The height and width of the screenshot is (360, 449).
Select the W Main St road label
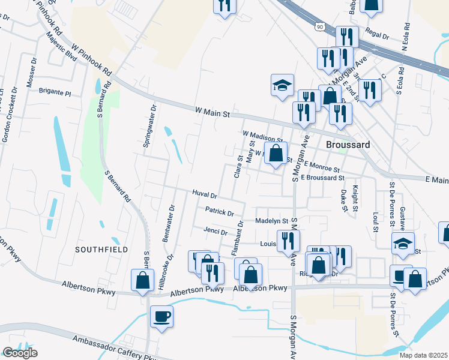coord(212,111)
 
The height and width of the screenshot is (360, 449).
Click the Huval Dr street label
coord(204,194)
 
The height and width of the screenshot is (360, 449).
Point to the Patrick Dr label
coord(218,211)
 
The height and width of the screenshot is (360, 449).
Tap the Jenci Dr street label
coord(215,232)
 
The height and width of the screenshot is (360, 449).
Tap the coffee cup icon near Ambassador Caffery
coord(161,316)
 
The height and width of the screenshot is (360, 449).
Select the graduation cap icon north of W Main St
coord(282,85)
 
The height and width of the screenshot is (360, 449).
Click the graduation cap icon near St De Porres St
coord(402,243)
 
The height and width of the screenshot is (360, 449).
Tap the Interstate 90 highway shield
coord(319,27)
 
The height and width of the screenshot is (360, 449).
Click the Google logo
coord(20,353)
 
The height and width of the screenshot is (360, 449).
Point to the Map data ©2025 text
coord(424,355)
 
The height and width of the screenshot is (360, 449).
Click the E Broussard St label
coord(323,178)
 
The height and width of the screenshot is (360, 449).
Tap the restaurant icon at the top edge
coord(224,5)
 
